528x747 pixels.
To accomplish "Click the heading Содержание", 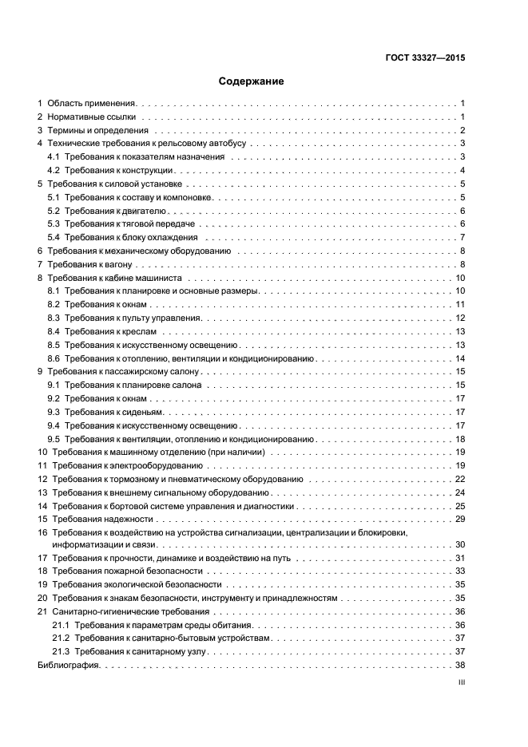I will point(252,81).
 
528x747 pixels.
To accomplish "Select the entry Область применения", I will point(92,103).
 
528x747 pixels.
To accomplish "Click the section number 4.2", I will point(54,170).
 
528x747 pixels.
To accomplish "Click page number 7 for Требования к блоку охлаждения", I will point(462,238).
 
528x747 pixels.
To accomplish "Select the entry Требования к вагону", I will point(89,264).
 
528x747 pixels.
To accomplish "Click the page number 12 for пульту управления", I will point(460,318).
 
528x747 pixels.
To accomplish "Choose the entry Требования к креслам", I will point(112,331).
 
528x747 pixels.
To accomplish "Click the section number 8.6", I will point(54,358).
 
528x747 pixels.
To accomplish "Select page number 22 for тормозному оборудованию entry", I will point(460,479).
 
